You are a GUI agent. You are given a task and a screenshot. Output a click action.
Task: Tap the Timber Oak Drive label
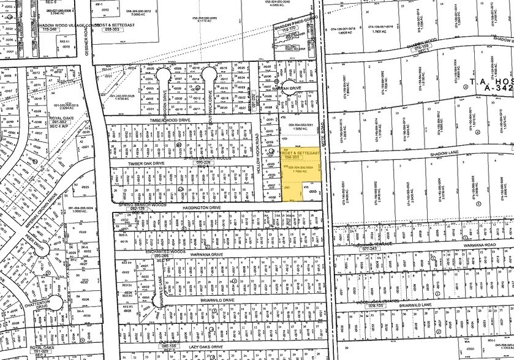tap(146, 163)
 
